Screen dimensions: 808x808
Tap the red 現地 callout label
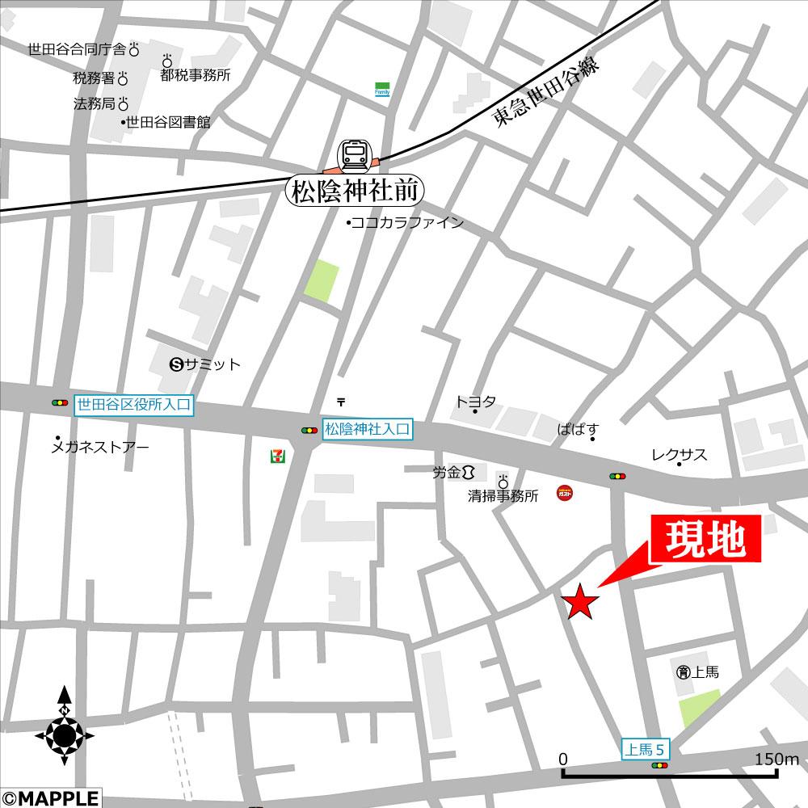click(x=705, y=540)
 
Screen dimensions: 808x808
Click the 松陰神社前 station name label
click(x=355, y=191)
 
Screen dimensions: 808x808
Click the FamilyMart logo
click(x=382, y=89)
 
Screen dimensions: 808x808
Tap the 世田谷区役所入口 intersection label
click(x=134, y=404)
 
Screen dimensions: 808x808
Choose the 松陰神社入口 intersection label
click(x=368, y=430)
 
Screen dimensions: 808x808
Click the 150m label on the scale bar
click(x=776, y=759)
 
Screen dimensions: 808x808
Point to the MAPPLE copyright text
click(x=50, y=798)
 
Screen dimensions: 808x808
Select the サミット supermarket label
click(x=206, y=364)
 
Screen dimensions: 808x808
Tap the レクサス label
click(x=680, y=455)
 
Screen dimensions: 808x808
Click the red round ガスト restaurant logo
click(x=566, y=492)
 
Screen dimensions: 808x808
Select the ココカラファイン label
click(x=406, y=223)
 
